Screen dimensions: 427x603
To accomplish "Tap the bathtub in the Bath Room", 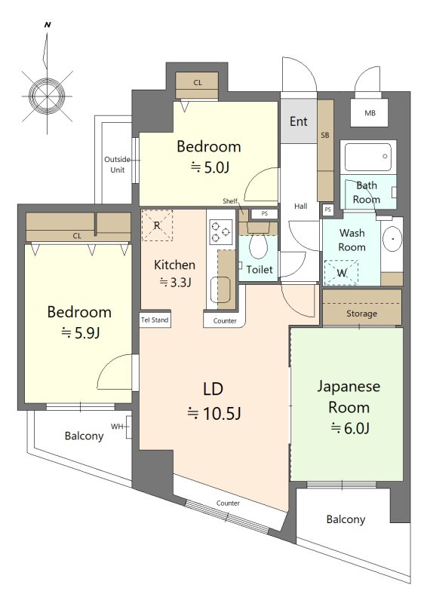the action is [368, 157].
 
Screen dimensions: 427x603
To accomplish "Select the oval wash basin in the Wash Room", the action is [392, 238].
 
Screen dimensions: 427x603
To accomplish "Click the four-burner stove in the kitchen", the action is [220, 232].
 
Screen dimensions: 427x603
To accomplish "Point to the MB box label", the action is [370, 113].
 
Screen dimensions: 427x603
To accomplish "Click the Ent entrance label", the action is [299, 121].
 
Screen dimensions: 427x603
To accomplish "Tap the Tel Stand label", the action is [155, 320].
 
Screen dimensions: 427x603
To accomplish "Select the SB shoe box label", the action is [325, 135].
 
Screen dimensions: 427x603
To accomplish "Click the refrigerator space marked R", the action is [157, 225].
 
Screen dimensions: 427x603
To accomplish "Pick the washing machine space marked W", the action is [341, 273].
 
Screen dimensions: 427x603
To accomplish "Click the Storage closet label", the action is [361, 314].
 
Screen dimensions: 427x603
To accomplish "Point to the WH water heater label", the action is [117, 427].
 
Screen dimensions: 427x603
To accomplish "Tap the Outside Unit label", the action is [118, 164].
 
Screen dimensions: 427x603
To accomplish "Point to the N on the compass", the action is [48, 25].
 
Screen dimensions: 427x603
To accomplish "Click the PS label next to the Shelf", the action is [265, 213].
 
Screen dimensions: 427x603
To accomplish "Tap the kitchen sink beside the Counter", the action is [220, 289].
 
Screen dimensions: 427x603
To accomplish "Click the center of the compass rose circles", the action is [47, 96].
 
